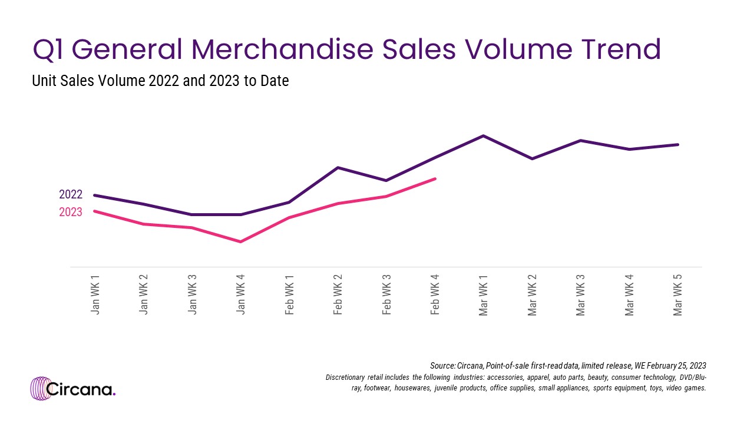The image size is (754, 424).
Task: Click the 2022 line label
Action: pyautogui.click(x=71, y=195)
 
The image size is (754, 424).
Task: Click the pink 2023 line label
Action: pyautogui.click(x=71, y=212)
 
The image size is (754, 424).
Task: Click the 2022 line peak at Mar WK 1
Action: pyautogui.click(x=484, y=136)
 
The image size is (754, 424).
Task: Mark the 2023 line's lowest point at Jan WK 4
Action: pyautogui.click(x=241, y=241)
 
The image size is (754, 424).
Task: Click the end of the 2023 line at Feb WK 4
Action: pyautogui.click(x=435, y=178)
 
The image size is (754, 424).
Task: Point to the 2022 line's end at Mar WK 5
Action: pyautogui.click(x=678, y=144)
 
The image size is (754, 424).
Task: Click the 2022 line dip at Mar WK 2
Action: pyautogui.click(x=532, y=158)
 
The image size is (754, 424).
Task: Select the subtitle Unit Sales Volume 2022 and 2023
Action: pyautogui.click(x=160, y=81)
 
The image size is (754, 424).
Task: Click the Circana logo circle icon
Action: pyautogui.click(x=41, y=389)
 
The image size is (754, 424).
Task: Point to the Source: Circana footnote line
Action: pyautogui.click(x=568, y=366)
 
